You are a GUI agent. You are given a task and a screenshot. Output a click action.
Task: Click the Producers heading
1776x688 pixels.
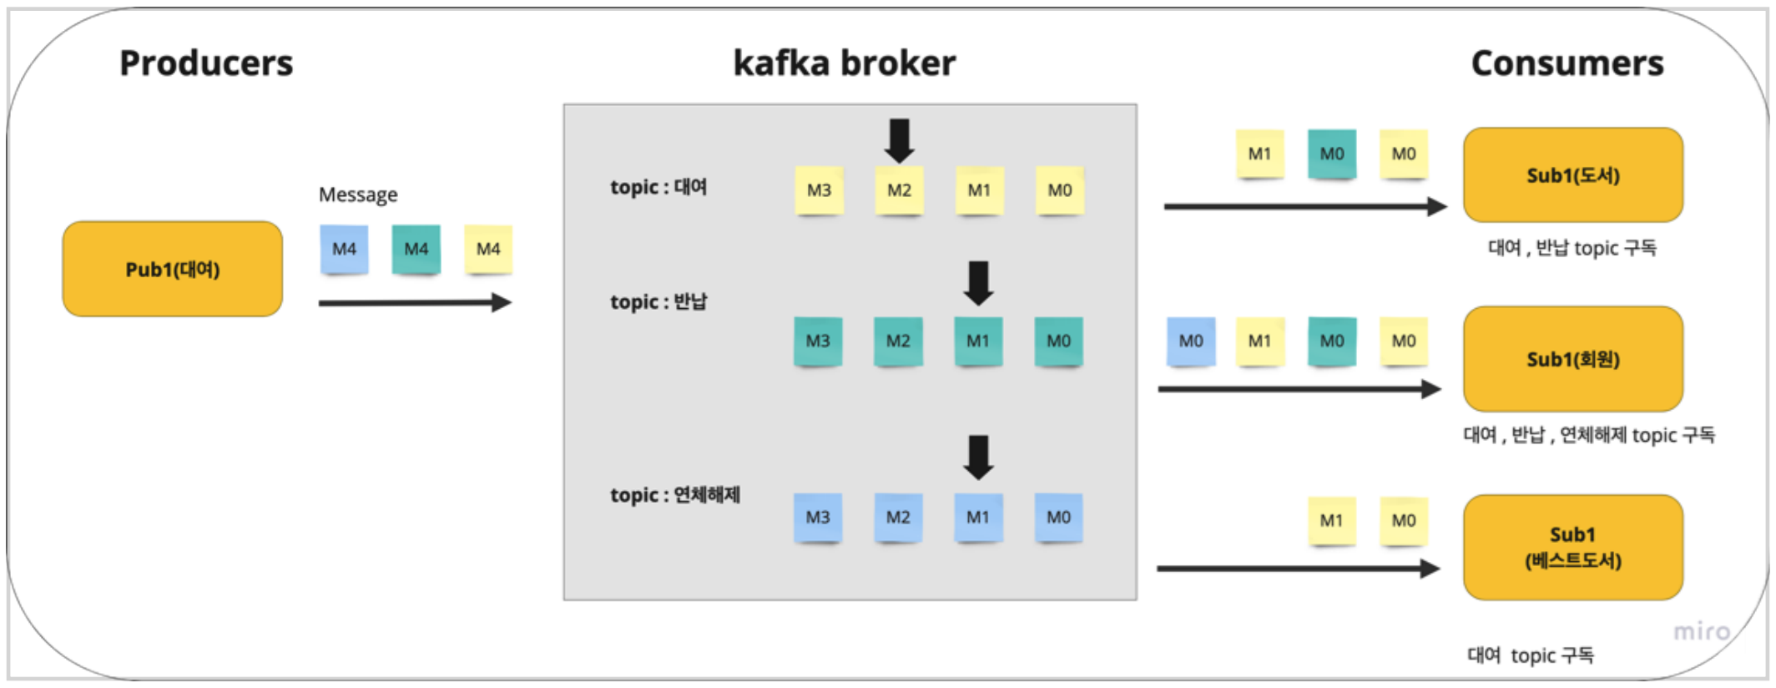(x=206, y=63)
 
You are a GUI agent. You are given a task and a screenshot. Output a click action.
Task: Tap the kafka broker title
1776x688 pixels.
(x=844, y=63)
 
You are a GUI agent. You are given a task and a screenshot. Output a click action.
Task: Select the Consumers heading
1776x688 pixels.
(x=1567, y=63)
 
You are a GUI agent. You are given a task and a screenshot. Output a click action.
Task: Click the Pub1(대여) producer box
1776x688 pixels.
(x=173, y=269)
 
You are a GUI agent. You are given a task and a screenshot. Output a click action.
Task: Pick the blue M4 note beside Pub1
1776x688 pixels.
(x=344, y=249)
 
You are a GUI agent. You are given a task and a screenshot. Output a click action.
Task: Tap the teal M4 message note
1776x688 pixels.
(x=416, y=249)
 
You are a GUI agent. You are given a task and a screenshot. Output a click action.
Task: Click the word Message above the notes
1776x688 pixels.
(x=358, y=195)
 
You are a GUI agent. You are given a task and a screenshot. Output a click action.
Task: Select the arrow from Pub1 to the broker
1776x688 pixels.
(x=415, y=302)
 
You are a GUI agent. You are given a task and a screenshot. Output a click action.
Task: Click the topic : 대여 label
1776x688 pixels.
(x=658, y=187)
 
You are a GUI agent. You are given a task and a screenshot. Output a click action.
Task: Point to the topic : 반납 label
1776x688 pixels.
(x=658, y=301)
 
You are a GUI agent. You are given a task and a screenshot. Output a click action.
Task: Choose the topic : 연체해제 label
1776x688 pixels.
(x=674, y=495)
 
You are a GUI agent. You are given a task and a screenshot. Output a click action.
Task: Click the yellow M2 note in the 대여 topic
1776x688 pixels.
(x=899, y=190)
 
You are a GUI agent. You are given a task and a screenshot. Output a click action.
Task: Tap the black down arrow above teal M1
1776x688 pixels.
(x=978, y=283)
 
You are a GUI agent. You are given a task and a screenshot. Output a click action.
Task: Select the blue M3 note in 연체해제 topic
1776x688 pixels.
(x=818, y=518)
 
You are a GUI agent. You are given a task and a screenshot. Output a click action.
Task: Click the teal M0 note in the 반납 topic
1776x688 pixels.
(x=1058, y=341)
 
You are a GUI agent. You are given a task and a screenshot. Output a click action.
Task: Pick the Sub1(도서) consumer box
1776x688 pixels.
(x=1572, y=175)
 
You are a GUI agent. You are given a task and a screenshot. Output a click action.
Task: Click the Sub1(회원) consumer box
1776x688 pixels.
(x=1572, y=359)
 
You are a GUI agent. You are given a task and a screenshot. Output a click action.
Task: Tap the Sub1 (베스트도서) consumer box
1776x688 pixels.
(x=1572, y=548)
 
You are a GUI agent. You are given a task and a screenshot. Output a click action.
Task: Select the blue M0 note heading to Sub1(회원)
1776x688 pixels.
(x=1191, y=341)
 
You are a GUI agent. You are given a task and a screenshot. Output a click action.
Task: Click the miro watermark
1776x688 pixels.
(x=1701, y=632)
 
